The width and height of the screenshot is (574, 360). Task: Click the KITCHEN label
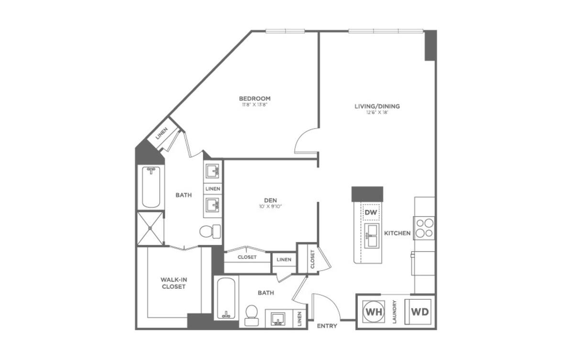click(397, 233)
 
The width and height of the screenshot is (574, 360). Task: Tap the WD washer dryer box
click(420, 312)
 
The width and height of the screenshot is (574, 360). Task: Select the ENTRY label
click(327, 326)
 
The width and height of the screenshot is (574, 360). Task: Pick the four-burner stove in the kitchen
click(424, 228)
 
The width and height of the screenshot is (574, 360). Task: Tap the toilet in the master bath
click(210, 231)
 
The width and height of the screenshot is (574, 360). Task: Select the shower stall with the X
click(150, 229)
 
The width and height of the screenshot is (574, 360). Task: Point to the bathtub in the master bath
click(151, 187)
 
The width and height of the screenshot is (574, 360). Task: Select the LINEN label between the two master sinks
click(213, 189)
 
